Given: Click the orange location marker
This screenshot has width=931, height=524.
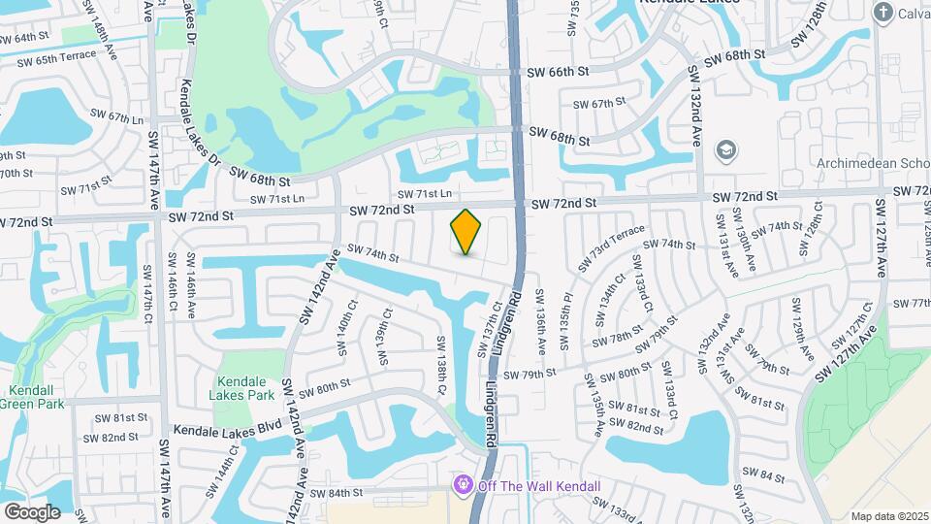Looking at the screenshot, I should coord(466,232).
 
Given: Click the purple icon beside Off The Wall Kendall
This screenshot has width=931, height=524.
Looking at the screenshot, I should coord(464,483).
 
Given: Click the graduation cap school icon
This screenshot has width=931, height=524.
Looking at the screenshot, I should coord(725,150).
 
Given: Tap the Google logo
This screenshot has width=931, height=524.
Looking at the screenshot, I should coord(32,511).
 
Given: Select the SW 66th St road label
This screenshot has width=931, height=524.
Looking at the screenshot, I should coord(559,72).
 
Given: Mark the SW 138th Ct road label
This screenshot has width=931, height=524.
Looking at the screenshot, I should coord(441,364).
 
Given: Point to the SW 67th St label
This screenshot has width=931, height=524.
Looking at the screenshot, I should coord(599,104).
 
